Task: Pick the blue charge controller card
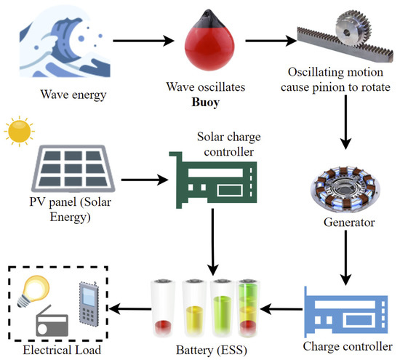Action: pos(342,305)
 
